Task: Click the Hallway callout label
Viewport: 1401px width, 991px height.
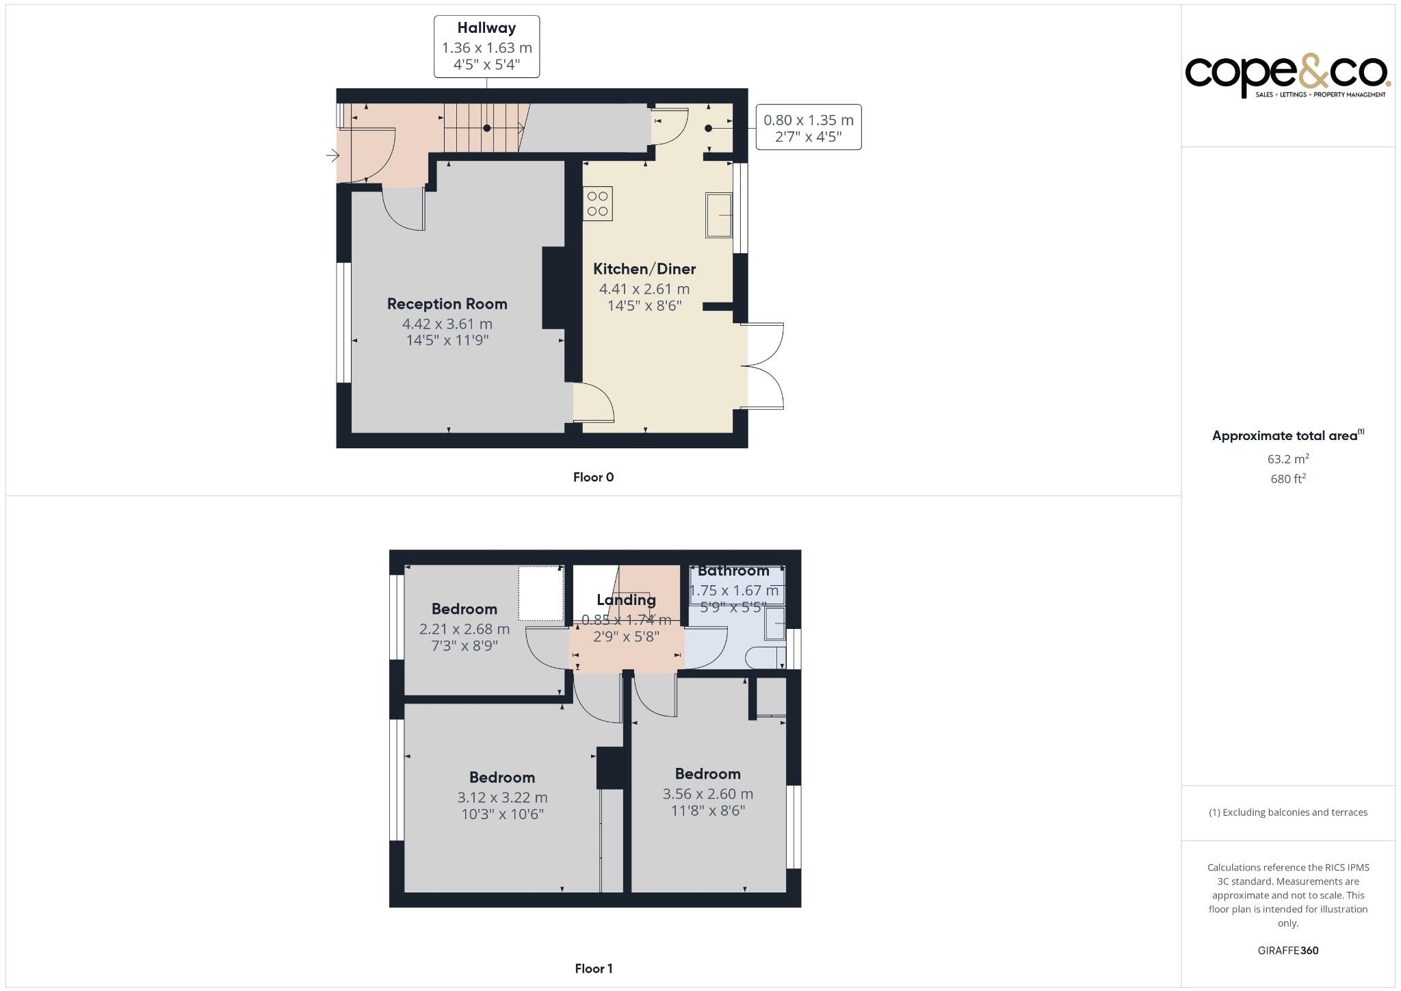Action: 486,47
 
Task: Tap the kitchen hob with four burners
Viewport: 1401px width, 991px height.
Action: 597,204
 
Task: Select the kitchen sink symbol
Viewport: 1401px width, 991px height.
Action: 718,215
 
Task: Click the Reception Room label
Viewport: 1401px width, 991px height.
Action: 447,304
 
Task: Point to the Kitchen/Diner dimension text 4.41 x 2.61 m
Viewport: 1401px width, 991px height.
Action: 644,289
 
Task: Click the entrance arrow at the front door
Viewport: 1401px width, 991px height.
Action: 332,156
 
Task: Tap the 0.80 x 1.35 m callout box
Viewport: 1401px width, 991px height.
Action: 808,127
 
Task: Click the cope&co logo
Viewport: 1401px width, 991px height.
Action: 1287,77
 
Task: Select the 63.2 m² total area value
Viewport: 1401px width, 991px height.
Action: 1287,459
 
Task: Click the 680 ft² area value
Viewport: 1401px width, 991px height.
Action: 1287,479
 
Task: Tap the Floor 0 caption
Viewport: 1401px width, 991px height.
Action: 593,477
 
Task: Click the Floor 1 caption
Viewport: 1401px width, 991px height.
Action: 593,968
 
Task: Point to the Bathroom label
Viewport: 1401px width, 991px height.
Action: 733,571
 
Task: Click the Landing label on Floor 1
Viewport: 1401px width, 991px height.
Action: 626,600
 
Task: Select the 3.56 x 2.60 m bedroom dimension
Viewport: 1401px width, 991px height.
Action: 707,794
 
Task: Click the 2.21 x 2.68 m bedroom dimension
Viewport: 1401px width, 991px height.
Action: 464,628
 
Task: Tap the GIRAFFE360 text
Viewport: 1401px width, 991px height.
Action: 1287,950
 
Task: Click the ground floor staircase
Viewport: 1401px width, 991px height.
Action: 482,128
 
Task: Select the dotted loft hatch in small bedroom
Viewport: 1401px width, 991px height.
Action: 540,593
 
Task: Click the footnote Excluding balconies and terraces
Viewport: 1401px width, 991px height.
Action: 1287,812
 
